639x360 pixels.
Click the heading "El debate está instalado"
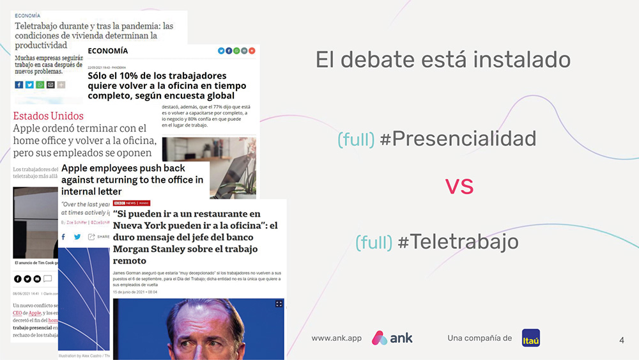(443, 59)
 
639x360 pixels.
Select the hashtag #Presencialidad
(458, 139)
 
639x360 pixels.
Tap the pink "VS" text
(459, 186)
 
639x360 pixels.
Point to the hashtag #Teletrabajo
(458, 242)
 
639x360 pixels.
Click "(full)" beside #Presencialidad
(356, 139)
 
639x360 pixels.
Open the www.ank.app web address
(336, 338)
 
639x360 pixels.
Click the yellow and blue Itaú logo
(530, 338)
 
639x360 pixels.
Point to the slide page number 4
(622, 340)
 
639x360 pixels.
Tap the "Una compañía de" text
(479, 338)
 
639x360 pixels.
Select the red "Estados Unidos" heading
(49, 116)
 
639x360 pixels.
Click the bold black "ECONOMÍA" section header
(108, 51)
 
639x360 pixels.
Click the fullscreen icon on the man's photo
(279, 304)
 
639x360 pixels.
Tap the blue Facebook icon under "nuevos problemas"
(19, 85)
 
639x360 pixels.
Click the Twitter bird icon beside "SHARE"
(77, 237)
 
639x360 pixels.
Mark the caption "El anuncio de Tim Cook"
(35, 263)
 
